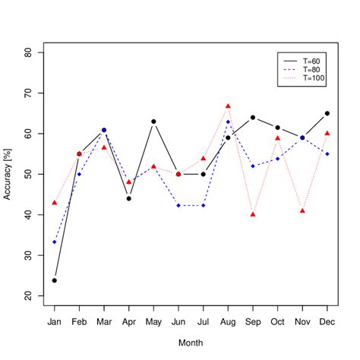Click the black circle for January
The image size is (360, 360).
(54, 280)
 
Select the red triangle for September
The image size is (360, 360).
(253, 214)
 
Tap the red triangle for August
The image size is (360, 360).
(228, 106)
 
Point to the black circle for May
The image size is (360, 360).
(153, 122)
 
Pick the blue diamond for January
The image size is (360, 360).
(54, 242)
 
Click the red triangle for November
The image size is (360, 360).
(302, 210)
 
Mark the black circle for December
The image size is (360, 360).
(327, 113)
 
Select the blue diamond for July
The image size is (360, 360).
(203, 205)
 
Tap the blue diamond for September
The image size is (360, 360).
(253, 166)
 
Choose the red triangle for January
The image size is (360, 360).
(54, 203)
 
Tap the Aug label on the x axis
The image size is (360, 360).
(228, 322)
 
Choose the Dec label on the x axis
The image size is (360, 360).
(327, 322)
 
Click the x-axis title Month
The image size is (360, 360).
(191, 344)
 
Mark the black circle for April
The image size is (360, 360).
(128, 198)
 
